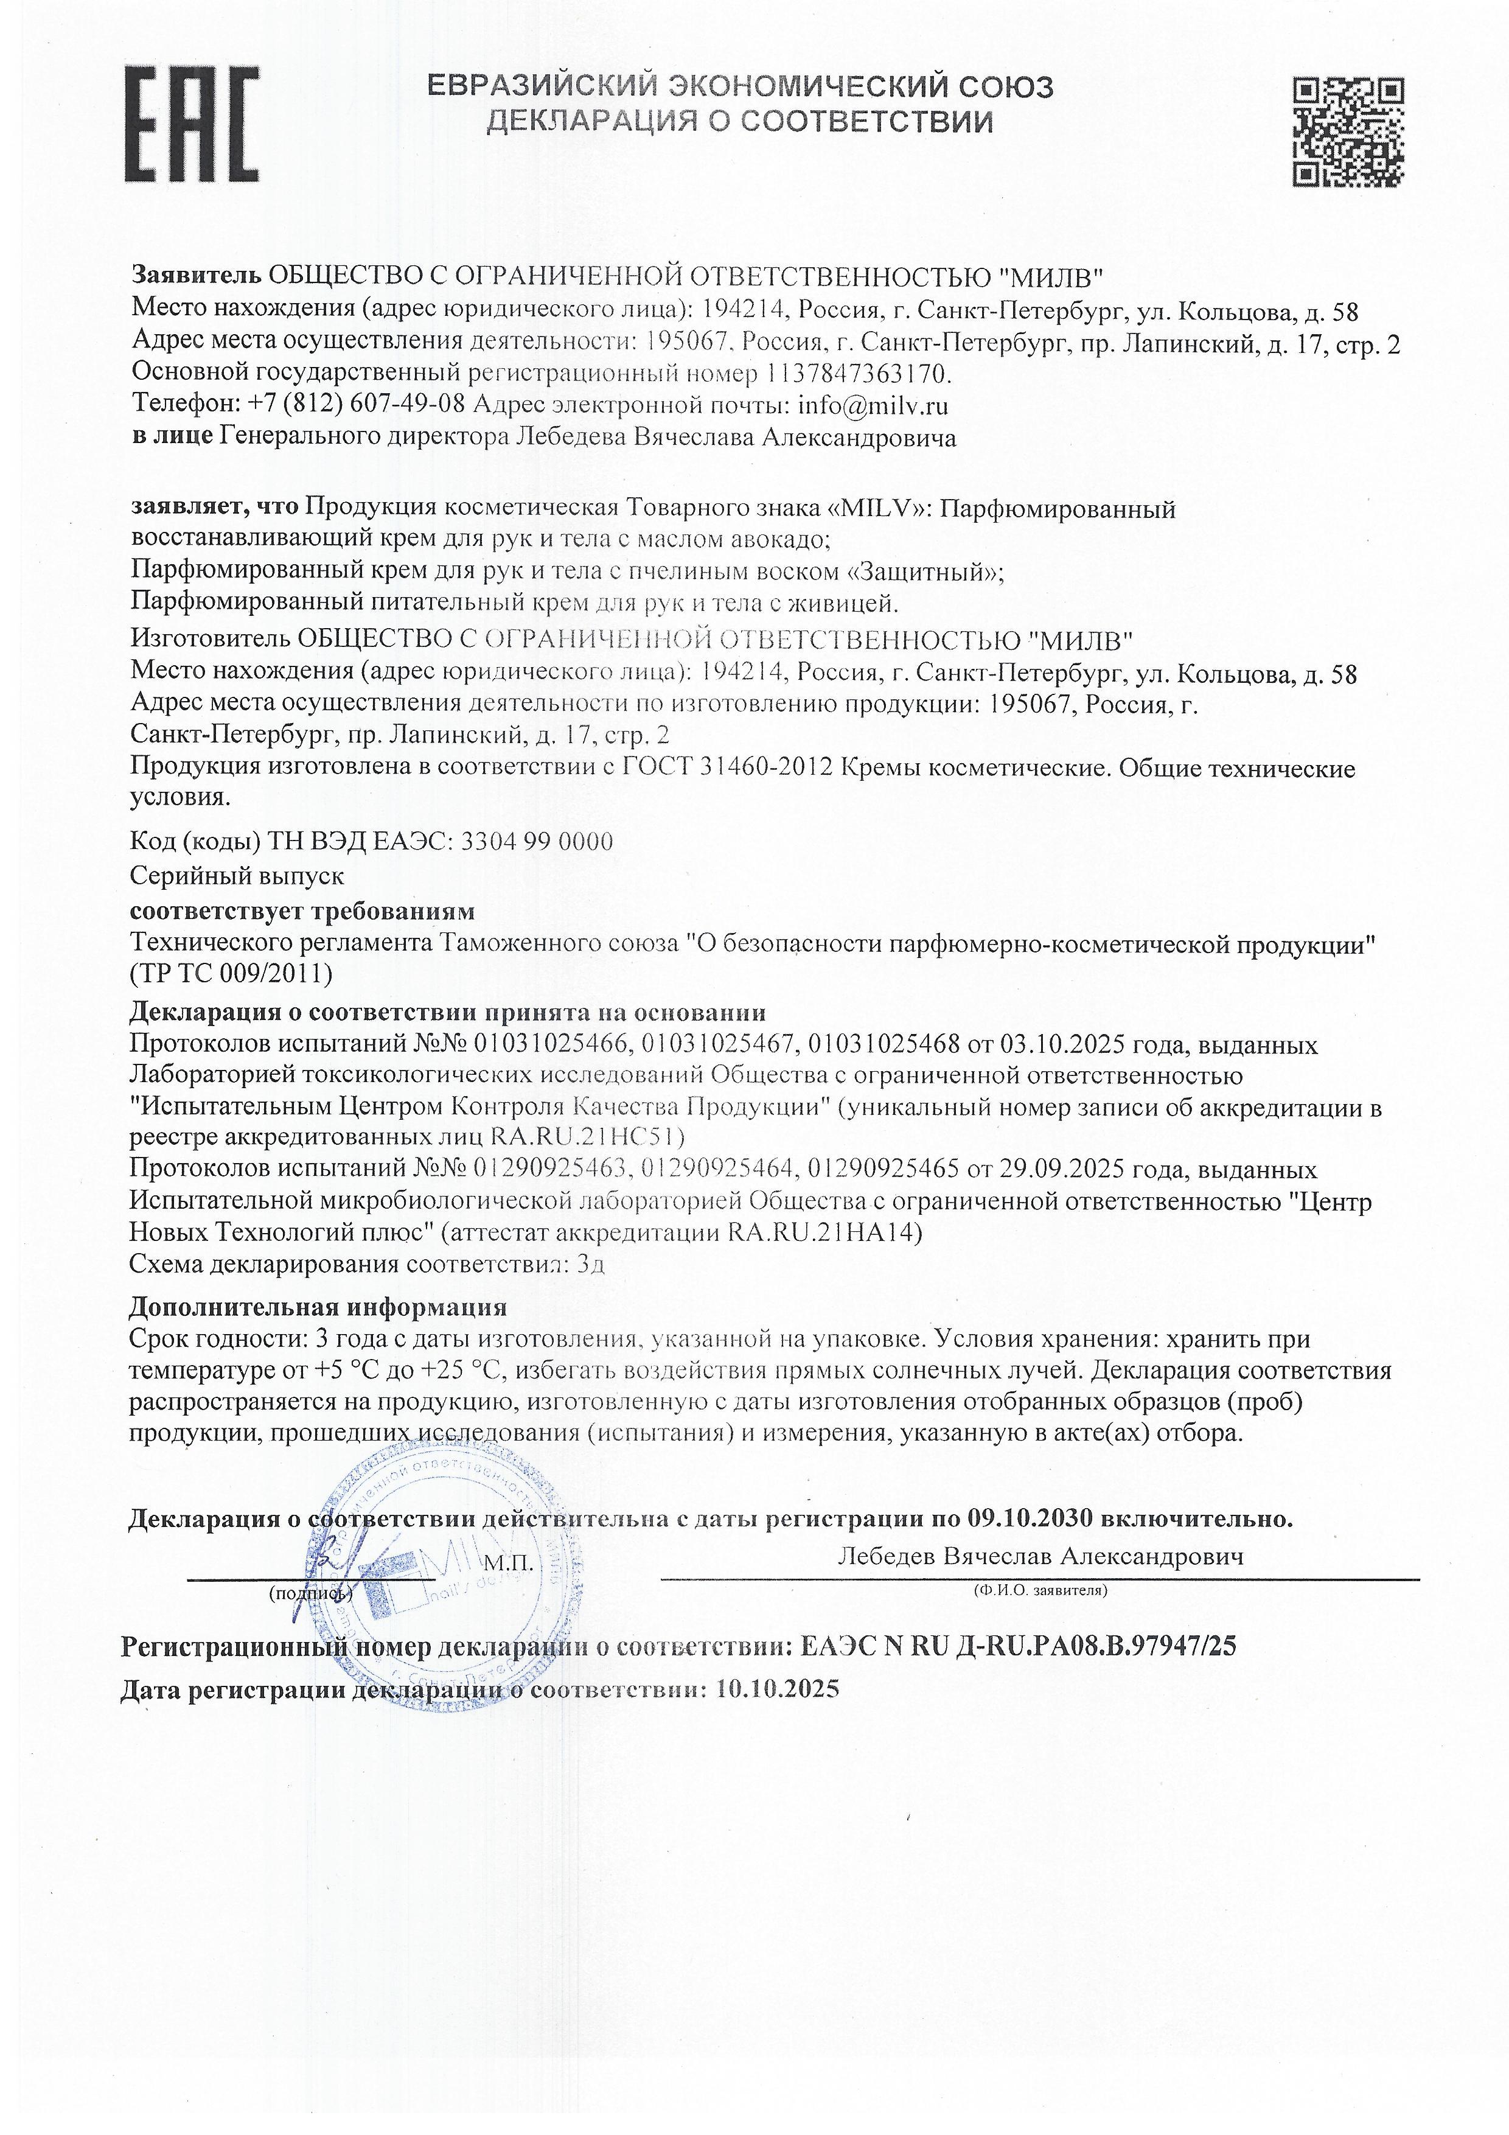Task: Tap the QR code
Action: click(1349, 131)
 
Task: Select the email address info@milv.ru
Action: click(873, 405)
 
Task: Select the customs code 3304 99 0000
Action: click(537, 842)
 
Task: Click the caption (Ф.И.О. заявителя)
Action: click(1039, 1591)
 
